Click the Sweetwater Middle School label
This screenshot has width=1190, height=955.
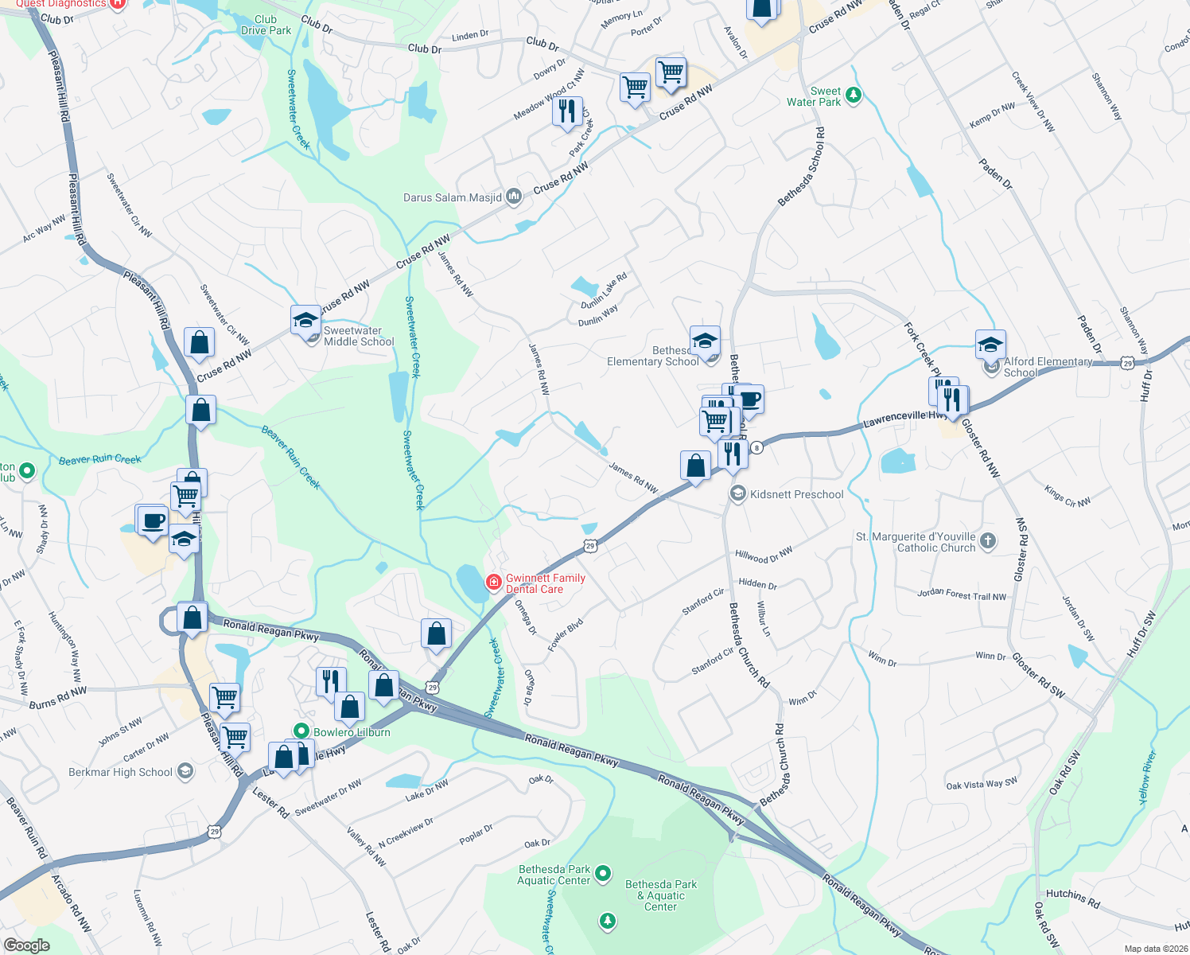359,337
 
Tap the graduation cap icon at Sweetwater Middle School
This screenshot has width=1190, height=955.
305,321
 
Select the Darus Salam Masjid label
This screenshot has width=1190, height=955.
453,197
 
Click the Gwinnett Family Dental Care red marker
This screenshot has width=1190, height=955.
494,583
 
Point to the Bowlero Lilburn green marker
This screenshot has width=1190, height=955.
301,731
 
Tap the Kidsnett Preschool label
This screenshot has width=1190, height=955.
796,494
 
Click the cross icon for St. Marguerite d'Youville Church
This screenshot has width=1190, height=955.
987,541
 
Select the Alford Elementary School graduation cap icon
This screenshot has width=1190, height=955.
990,345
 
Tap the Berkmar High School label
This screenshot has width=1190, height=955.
120,772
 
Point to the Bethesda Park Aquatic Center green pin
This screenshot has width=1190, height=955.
603,874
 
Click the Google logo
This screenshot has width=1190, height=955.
27,945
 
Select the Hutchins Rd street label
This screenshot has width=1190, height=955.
1072,898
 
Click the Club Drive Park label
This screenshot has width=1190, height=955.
266,25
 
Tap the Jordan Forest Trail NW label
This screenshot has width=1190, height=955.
961,594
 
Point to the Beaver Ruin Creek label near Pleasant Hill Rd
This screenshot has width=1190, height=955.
100,459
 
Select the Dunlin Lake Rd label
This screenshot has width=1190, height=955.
604,291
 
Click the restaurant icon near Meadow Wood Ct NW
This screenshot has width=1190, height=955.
567,111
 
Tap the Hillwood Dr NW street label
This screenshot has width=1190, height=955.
764,555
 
